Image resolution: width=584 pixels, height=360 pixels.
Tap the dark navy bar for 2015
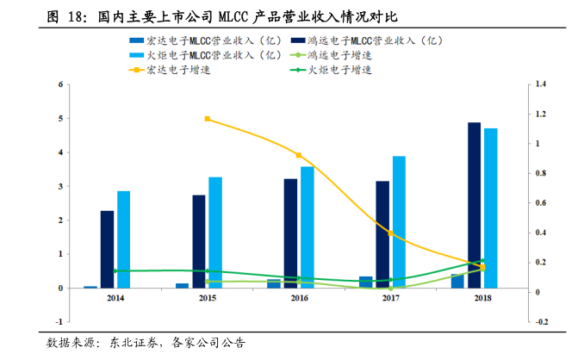199,241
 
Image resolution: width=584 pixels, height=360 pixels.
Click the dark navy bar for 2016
291,233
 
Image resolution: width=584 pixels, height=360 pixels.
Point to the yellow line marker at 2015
208,119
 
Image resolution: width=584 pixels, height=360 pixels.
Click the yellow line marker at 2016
299,155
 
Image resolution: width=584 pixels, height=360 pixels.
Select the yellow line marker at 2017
390,233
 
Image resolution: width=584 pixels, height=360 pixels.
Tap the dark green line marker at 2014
115,270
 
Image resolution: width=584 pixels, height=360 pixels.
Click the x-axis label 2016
299,298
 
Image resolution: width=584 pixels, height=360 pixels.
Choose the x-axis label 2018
482,298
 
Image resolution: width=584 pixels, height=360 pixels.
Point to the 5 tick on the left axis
60,118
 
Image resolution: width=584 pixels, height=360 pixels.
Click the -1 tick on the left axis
59,322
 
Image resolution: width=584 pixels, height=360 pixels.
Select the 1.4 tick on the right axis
541,84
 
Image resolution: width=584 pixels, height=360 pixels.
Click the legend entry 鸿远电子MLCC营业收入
372,40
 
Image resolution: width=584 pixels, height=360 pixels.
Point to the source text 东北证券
133,343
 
